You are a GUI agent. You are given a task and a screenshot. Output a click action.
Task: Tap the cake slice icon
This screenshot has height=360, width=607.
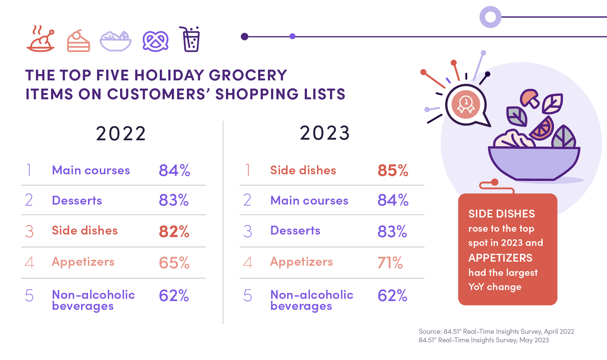[78, 41]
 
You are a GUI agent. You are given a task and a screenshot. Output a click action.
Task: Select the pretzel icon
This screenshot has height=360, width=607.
[155, 41]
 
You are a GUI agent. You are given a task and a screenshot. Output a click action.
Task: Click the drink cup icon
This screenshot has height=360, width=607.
[190, 39]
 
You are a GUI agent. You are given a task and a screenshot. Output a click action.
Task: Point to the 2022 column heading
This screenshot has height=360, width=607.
[121, 133]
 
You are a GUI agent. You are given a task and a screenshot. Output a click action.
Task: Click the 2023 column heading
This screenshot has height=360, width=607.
[325, 133]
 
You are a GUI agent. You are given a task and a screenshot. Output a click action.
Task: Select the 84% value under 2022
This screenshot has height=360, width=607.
[174, 170]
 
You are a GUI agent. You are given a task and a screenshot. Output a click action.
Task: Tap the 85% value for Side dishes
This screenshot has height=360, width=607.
[393, 170]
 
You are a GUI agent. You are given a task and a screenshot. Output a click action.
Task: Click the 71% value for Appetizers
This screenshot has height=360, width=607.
[390, 263]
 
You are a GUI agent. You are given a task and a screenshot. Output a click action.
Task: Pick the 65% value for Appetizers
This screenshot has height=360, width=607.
[174, 263]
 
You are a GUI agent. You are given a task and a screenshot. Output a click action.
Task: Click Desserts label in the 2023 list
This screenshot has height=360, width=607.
[295, 230]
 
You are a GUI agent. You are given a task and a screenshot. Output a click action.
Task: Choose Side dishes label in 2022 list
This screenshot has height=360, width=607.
[84, 230]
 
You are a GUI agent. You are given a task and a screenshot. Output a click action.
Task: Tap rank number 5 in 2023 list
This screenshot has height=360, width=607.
[248, 296]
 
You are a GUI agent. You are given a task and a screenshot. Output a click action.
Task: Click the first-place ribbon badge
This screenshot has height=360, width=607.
[465, 104]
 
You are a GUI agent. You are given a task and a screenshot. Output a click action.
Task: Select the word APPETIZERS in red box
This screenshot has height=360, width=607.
[500, 258]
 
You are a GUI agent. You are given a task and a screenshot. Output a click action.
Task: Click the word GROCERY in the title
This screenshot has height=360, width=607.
[248, 75]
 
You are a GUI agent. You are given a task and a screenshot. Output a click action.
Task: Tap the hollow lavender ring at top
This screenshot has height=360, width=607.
[490, 17]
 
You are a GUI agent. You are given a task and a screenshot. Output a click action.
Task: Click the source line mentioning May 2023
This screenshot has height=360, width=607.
[483, 340]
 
